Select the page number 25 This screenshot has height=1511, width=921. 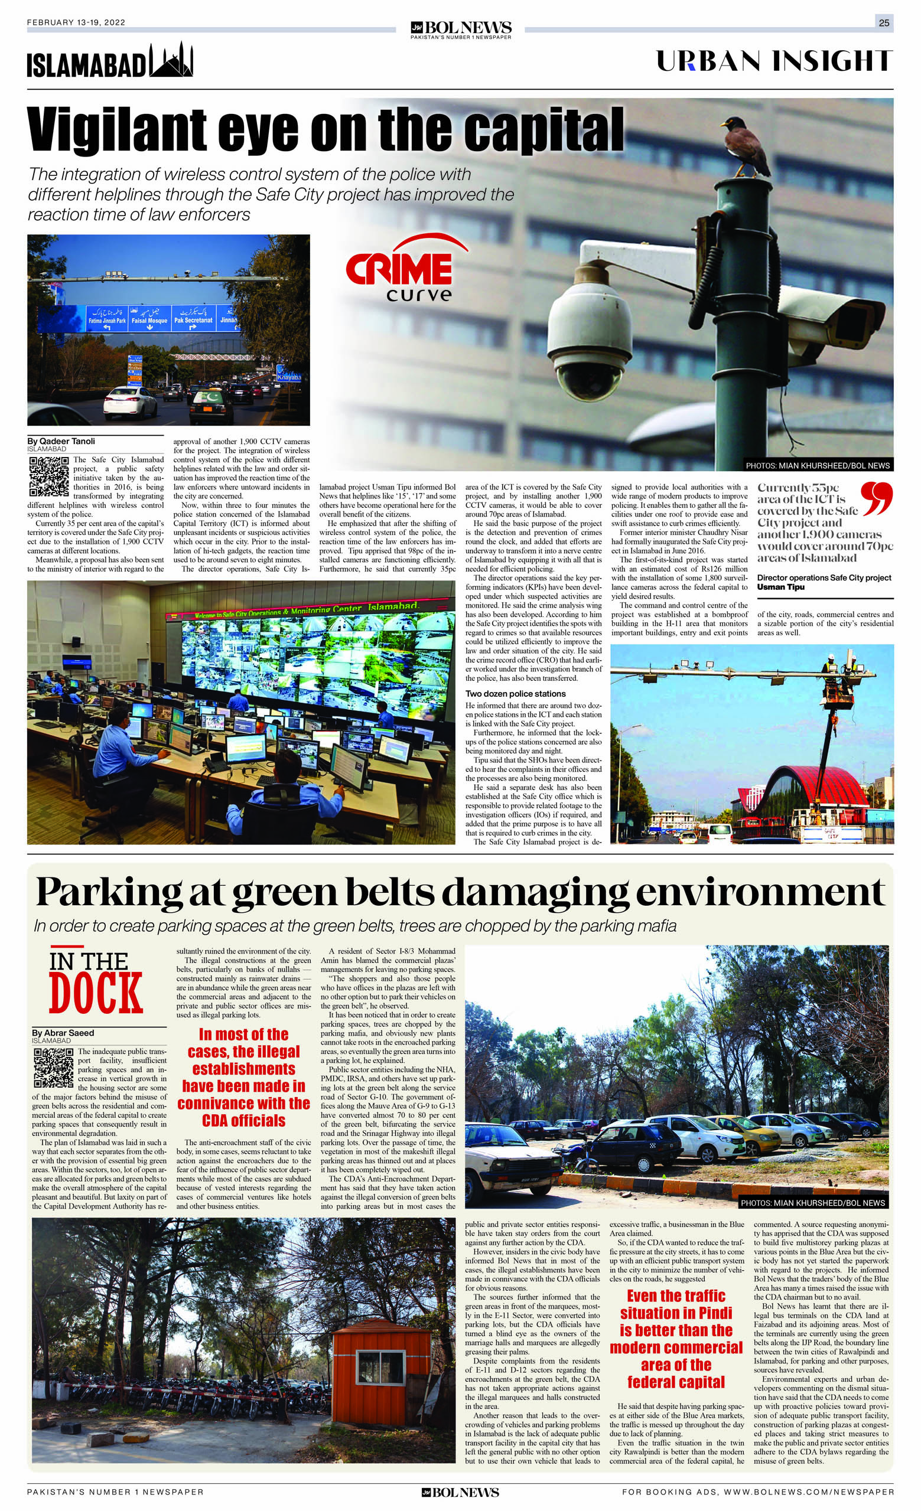point(884,22)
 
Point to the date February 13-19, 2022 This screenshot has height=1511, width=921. point(76,22)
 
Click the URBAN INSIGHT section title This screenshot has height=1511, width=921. point(774,61)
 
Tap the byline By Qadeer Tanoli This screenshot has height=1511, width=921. point(61,441)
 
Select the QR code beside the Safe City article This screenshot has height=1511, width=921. point(48,476)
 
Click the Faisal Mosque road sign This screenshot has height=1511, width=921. point(149,317)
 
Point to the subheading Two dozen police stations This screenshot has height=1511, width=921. point(515,694)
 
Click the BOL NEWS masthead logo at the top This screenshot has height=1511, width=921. point(461,28)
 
